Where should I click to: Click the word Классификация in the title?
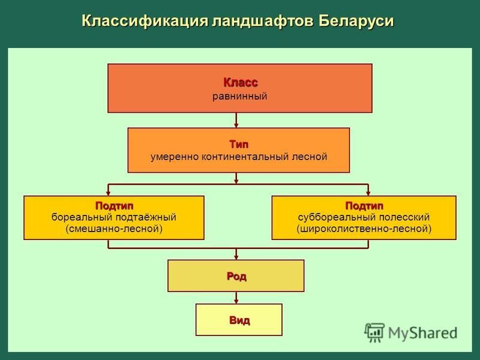[x=145, y=22]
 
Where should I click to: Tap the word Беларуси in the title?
[x=356, y=21]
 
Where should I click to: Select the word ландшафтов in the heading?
[x=263, y=22]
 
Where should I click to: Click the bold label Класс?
[x=241, y=82]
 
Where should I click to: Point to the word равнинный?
[x=239, y=97]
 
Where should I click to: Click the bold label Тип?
[x=239, y=144]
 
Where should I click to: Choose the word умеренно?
[x=175, y=157]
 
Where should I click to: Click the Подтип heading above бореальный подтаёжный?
[x=114, y=206]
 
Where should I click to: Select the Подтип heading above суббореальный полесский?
[x=364, y=206]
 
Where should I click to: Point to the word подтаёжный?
[x=146, y=217]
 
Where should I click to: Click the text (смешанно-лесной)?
[x=114, y=229]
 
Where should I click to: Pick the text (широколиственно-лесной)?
[x=364, y=229]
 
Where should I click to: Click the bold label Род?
[x=236, y=276]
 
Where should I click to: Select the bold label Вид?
[x=239, y=320]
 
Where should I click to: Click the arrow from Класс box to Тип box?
[x=236, y=121]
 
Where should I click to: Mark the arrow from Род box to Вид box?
[x=236, y=298]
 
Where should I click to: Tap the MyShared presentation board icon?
[x=374, y=332]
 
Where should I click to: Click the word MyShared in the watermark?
[x=423, y=333]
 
